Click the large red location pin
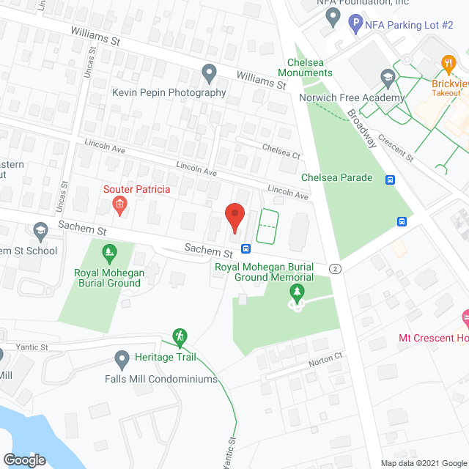234,217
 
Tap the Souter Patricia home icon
118,207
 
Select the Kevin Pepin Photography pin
209,73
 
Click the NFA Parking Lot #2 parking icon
356,24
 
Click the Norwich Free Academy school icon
386,77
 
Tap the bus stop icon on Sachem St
245,248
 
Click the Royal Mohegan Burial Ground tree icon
108,254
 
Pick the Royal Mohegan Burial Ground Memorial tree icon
297,293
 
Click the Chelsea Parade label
337,177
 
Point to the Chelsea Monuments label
305,67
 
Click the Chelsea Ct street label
281,150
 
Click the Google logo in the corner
23,459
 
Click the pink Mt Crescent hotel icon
465,319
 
